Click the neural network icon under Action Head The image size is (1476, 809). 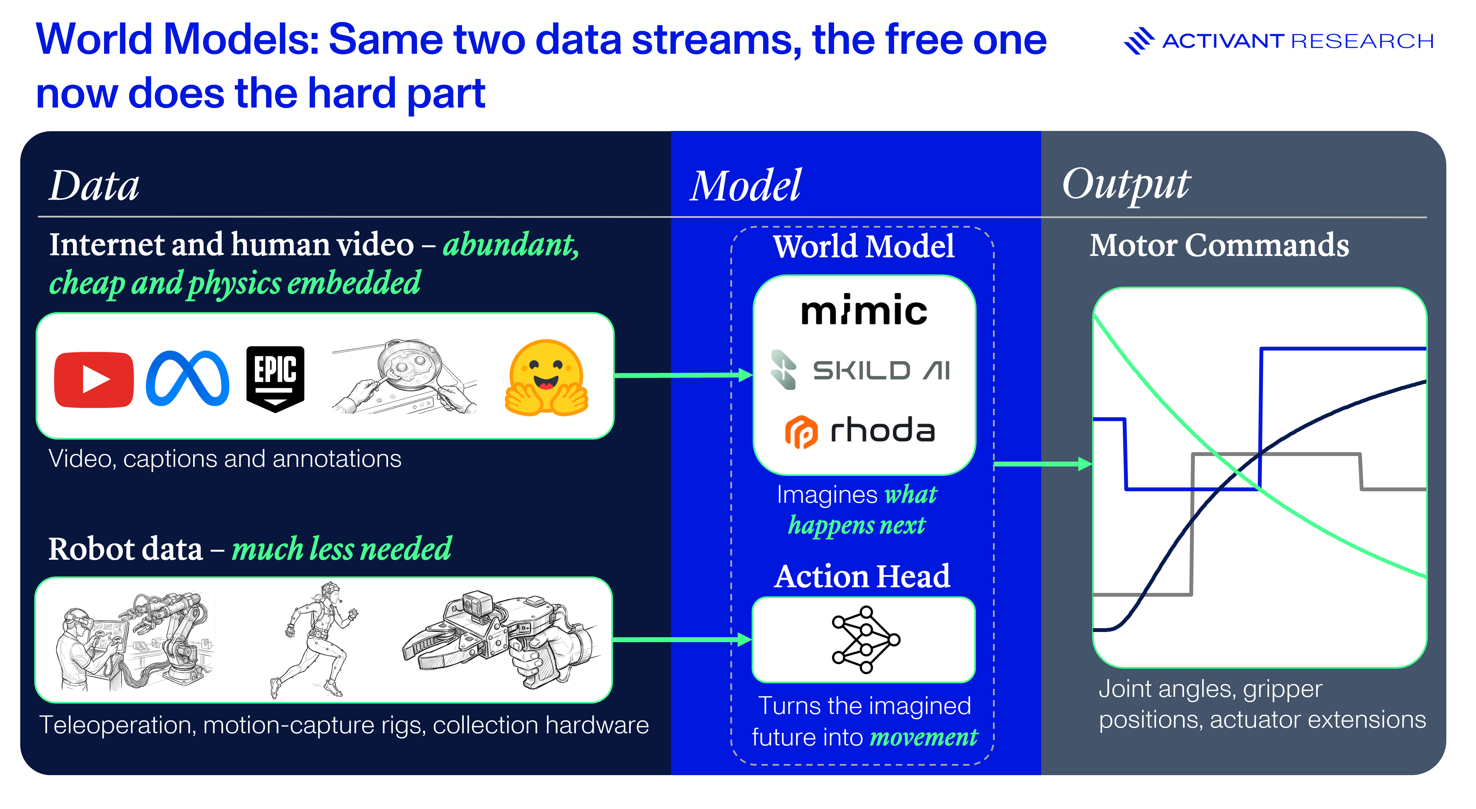click(x=866, y=639)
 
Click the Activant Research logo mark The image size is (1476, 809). click(x=1139, y=41)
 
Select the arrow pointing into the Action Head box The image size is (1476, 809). click(x=682, y=639)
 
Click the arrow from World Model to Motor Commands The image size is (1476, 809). click(x=1043, y=464)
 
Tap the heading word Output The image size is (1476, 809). click(x=1126, y=184)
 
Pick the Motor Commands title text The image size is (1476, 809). click(x=1219, y=245)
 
